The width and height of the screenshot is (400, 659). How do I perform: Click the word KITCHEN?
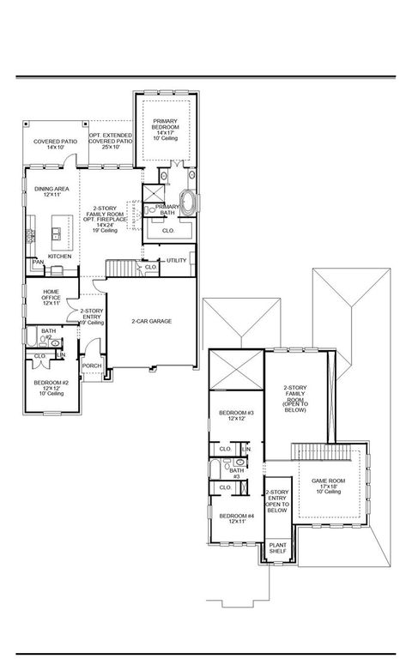click(x=59, y=256)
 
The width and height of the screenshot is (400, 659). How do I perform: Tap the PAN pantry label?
click(x=38, y=262)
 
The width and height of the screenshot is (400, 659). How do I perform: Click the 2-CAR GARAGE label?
click(x=152, y=321)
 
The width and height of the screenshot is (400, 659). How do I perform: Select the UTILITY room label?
click(x=176, y=260)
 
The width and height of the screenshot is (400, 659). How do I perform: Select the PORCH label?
click(x=92, y=366)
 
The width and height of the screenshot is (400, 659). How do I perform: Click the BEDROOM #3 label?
click(x=236, y=415)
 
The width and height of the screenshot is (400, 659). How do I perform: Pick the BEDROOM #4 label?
click(x=236, y=517)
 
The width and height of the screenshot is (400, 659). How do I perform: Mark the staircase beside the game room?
click(x=318, y=451)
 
